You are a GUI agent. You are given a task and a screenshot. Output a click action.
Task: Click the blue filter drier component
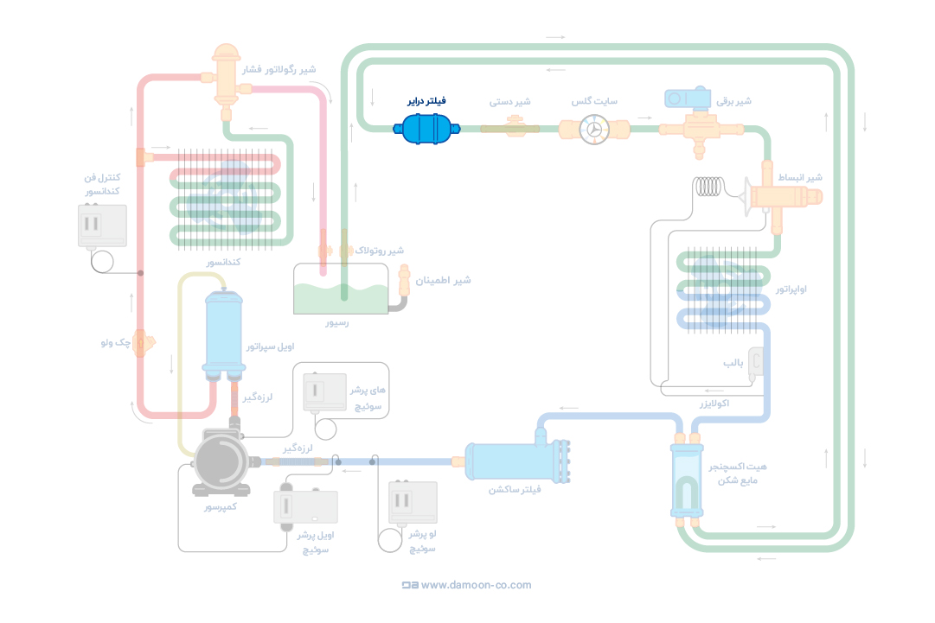coord(426,130)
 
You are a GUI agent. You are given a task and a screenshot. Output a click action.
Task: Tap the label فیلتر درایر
coord(426,101)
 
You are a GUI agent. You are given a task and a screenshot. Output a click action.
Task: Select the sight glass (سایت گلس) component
coord(594,130)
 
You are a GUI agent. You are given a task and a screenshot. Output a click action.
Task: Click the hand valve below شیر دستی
coord(510,129)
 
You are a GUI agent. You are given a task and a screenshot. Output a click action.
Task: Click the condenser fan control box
coord(102,226)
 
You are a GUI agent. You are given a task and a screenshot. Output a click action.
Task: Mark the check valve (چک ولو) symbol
coord(144,342)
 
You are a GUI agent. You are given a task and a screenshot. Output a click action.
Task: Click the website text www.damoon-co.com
coord(476,585)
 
